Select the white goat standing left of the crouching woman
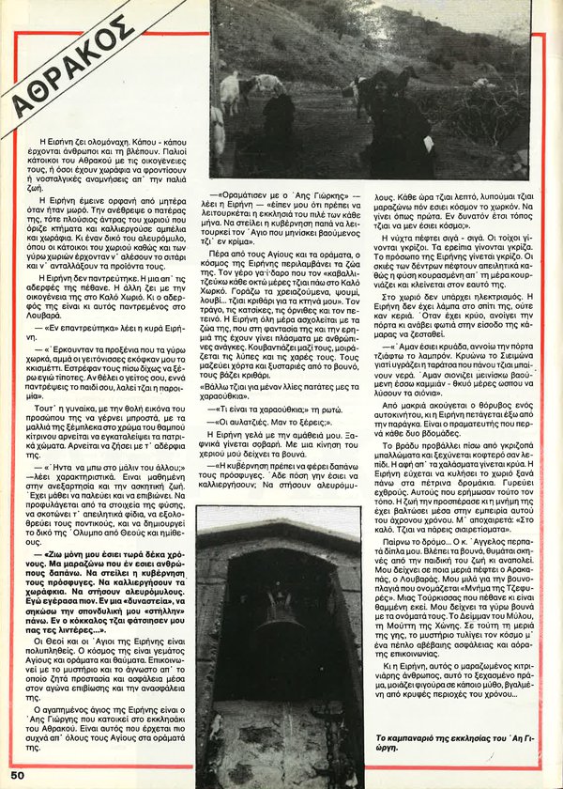(x=229, y=93)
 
